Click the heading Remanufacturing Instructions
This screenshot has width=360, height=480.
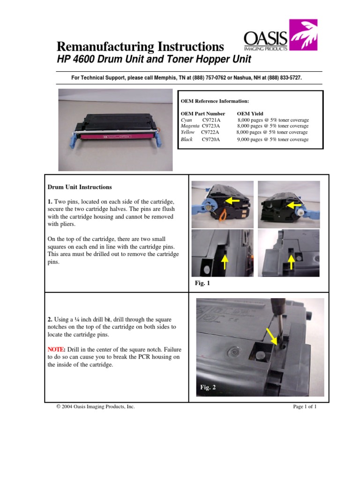tap(140, 47)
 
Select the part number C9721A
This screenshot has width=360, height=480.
tap(211, 120)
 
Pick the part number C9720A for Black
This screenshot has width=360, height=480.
tap(211, 140)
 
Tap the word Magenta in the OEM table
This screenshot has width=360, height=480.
tap(190, 126)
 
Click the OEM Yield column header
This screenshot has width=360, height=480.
tap(250, 113)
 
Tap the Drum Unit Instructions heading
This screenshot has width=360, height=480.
tap(80, 187)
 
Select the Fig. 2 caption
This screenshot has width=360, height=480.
tap(208, 387)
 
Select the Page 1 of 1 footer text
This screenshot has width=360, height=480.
tap(305, 407)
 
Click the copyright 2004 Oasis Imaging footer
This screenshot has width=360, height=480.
tap(95, 407)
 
